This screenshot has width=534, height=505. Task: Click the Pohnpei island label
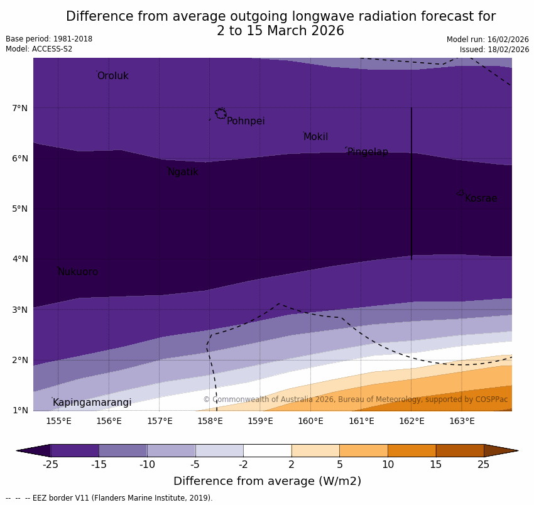pos(246,121)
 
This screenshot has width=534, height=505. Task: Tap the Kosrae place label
pos(481,198)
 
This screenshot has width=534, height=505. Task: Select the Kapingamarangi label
pos(92,403)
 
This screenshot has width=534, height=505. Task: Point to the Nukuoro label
pos(78,272)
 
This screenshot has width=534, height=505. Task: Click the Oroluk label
pos(112,76)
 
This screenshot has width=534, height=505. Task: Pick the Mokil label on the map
pos(315,137)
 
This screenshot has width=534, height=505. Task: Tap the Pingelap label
pos(368,152)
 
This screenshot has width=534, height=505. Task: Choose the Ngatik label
pos(183,172)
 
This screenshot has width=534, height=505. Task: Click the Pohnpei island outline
pos(221,114)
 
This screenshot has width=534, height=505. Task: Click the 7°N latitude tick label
pos(19,109)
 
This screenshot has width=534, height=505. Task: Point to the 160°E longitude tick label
pos(310,421)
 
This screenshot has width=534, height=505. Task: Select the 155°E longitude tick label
pos(58,421)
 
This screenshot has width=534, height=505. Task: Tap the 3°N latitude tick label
pos(19,310)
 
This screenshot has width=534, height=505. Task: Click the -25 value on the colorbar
pos(50,465)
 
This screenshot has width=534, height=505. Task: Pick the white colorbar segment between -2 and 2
pos(267,450)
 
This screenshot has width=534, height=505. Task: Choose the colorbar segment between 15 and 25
pos(460,450)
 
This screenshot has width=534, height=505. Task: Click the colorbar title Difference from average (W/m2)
pos(267,481)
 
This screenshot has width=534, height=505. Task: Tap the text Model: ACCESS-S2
pos(39,49)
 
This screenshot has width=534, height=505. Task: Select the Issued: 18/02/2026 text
pos(494,49)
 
